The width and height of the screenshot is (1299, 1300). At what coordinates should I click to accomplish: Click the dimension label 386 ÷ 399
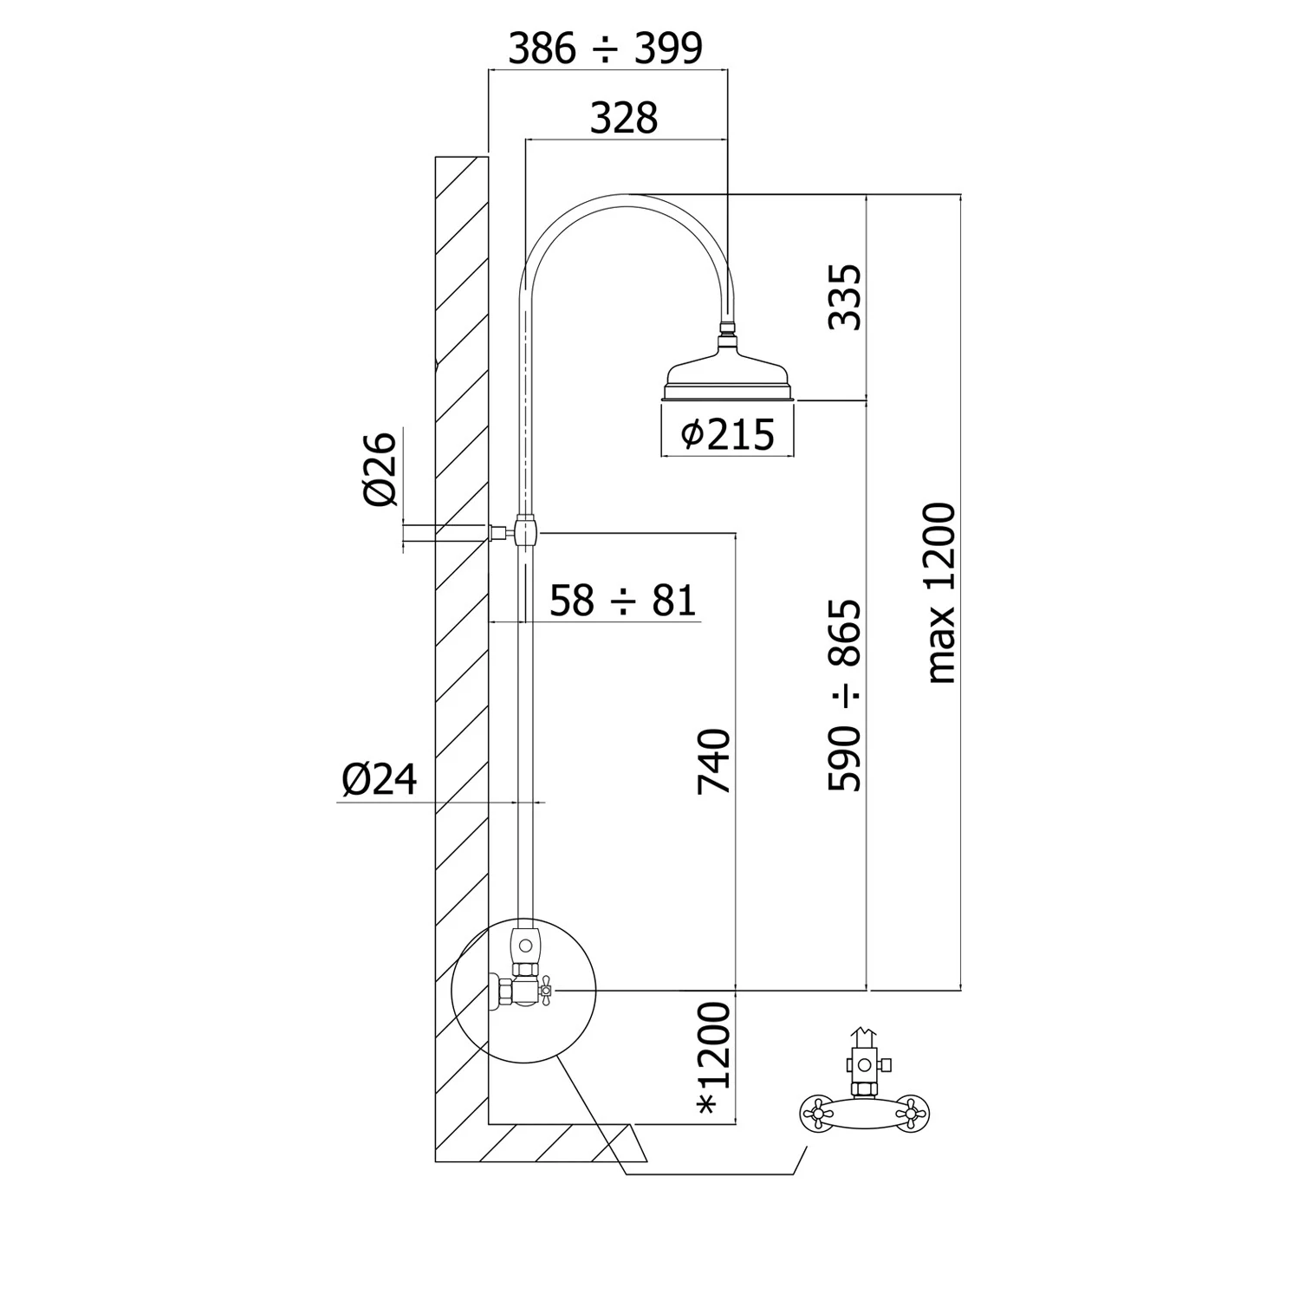(x=605, y=49)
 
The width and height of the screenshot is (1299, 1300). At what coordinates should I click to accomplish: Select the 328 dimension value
(x=624, y=118)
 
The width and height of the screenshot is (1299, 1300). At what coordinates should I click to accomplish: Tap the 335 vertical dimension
(x=845, y=297)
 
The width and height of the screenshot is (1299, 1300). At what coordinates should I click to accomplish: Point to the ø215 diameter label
(x=726, y=434)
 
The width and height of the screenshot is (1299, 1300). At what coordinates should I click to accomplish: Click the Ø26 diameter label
(x=380, y=468)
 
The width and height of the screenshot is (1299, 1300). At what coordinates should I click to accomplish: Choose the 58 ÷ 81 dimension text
(x=623, y=600)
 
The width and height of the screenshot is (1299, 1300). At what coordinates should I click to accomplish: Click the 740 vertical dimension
(x=715, y=762)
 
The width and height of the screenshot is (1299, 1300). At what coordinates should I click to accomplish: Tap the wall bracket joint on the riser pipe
(x=525, y=529)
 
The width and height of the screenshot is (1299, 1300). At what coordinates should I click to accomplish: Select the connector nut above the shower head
(x=729, y=328)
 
